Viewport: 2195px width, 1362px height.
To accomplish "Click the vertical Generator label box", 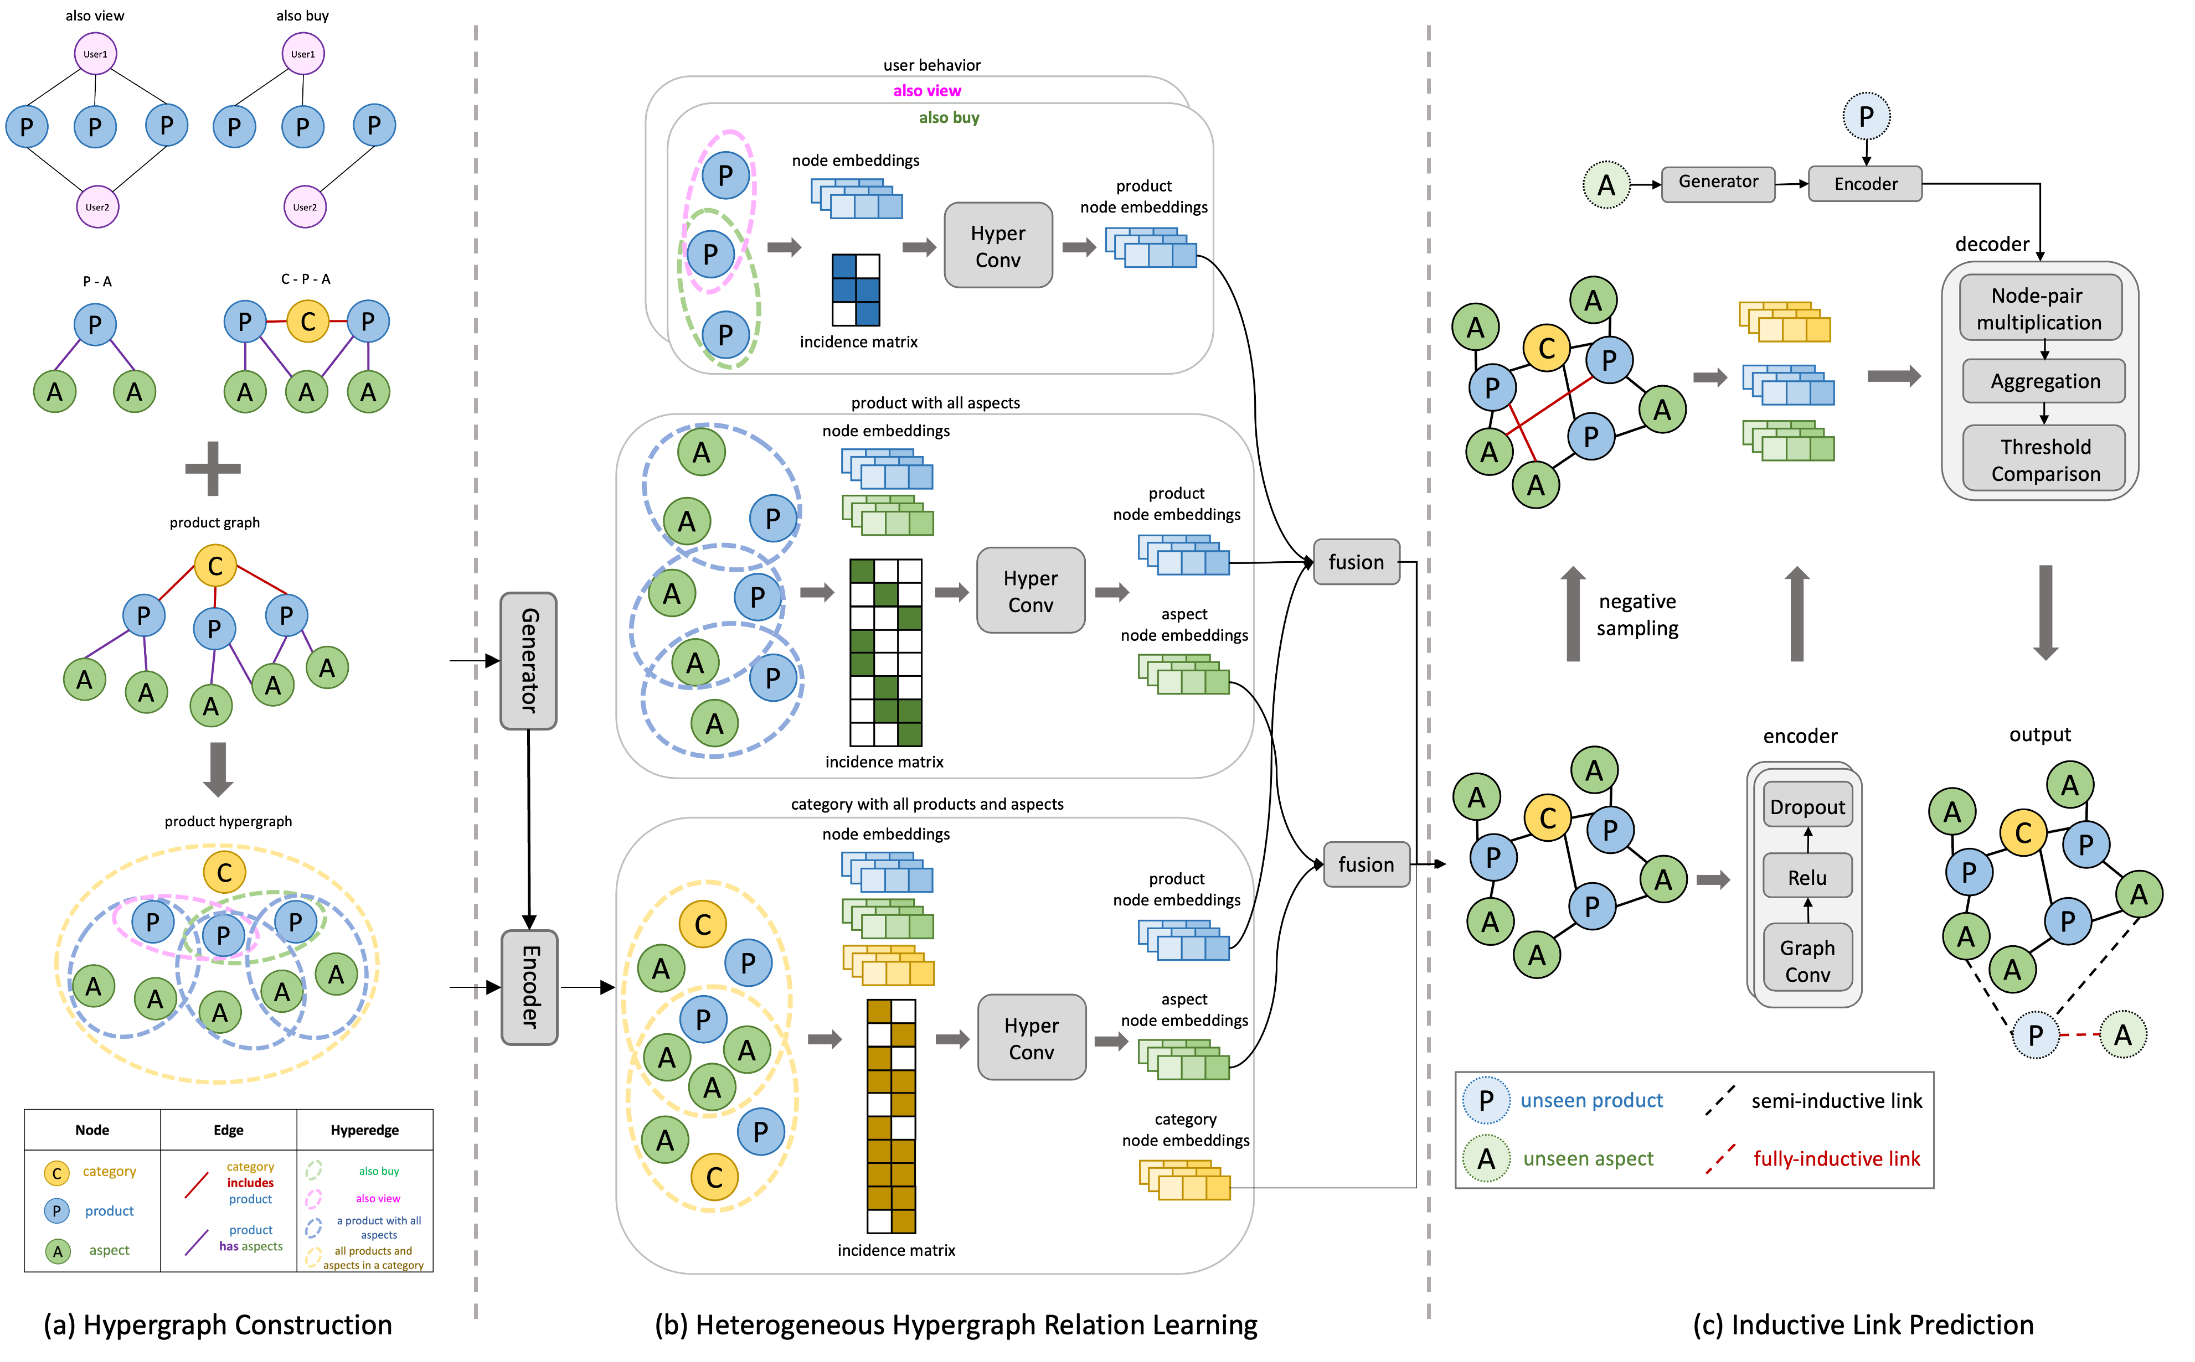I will pyautogui.click(x=529, y=660).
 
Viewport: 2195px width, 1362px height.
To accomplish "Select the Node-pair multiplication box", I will pyautogui.click(x=2039, y=309).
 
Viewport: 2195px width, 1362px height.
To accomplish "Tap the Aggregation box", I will pyautogui.click(x=2044, y=381).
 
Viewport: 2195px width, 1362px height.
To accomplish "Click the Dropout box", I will pyautogui.click(x=1807, y=806).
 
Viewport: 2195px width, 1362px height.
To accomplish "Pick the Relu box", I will pyautogui.click(x=1807, y=877).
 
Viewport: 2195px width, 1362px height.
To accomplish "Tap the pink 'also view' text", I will pyautogui.click(x=926, y=90).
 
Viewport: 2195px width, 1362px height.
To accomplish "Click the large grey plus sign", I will pyautogui.click(x=213, y=468).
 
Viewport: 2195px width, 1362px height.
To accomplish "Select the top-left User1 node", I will pyautogui.click(x=95, y=54).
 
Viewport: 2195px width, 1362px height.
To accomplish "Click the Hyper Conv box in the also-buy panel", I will pyautogui.click(x=997, y=246).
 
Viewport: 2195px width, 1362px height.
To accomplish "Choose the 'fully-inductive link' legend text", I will pyautogui.click(x=1836, y=1158).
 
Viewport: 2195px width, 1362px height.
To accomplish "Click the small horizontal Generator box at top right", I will pyautogui.click(x=1718, y=183).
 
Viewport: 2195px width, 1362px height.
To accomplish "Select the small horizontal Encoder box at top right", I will pyautogui.click(x=1864, y=184).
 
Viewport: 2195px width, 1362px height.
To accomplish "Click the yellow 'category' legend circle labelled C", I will pyautogui.click(x=57, y=1173).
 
